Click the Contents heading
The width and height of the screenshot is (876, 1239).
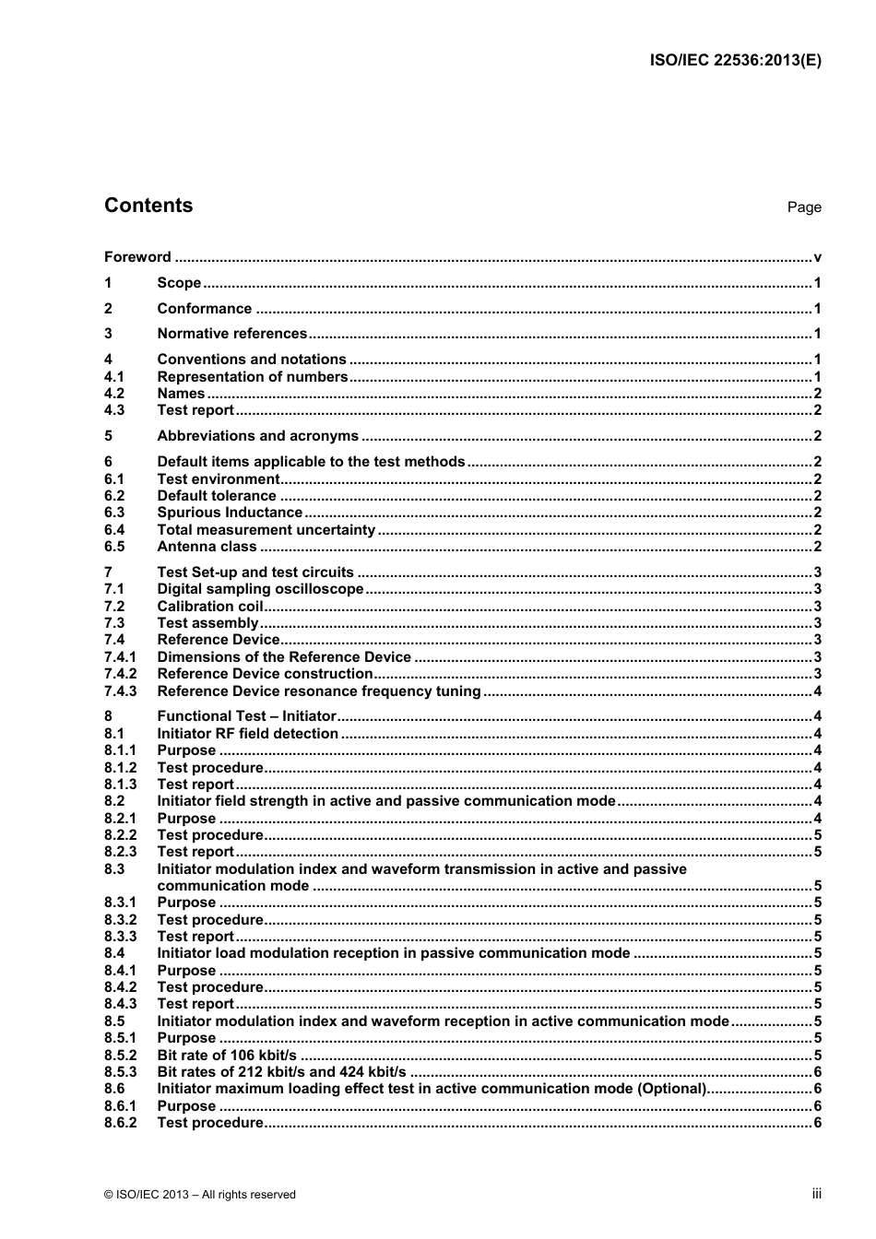148,206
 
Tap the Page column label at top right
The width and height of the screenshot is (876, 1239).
803,207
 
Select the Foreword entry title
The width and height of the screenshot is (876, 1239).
137,257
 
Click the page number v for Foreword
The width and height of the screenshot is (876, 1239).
817,257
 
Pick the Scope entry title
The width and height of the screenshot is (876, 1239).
179,283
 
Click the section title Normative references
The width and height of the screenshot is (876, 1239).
231,334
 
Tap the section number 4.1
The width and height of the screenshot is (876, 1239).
114,376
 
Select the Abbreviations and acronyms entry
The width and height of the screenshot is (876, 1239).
257,436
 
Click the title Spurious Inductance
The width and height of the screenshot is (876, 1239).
230,513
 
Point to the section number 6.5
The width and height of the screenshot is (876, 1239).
114,547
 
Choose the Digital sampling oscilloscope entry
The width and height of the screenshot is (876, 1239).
260,589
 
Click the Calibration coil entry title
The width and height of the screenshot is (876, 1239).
210,607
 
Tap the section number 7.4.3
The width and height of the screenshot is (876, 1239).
120,691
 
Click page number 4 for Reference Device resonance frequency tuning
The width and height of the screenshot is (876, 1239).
817,691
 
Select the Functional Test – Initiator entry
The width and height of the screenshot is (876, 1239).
246,716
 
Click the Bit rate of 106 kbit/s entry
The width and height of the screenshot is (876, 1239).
227,1056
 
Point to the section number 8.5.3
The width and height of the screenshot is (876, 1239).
120,1072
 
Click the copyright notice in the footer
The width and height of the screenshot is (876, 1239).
200,1195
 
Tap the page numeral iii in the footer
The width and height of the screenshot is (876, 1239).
816,1194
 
